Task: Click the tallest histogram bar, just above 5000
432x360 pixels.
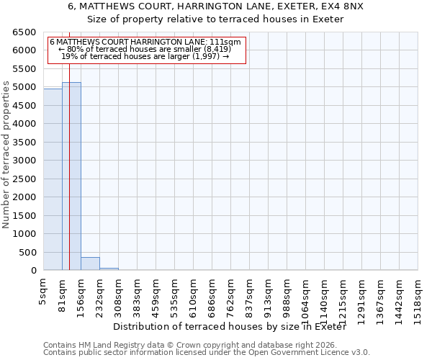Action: tap(71, 176)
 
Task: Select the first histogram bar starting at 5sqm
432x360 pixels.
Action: tap(53, 180)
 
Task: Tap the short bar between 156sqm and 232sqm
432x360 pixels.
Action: tap(90, 264)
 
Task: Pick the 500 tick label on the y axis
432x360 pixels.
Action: tap(28, 252)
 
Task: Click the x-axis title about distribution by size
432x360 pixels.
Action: tap(230, 327)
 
